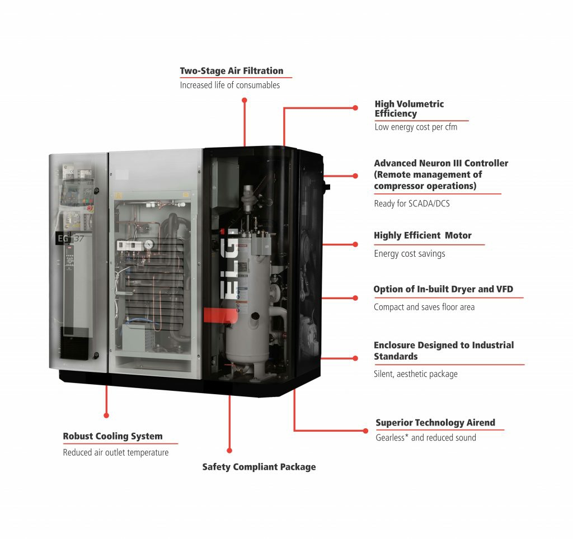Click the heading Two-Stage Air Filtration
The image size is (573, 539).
coord(231,71)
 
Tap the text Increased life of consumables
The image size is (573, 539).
coord(229,86)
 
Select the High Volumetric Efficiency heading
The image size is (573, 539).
coord(409,108)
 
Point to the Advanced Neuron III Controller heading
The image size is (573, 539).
coord(441,174)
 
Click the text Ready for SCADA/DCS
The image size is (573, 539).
coord(412,204)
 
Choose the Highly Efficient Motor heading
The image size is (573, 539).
coord(422,235)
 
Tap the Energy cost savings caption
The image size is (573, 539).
coord(410,254)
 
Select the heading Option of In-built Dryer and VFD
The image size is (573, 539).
coord(443,289)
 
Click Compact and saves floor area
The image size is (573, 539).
coord(424,307)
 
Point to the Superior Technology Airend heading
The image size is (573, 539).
coord(435,423)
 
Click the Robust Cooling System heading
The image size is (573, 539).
coord(112,436)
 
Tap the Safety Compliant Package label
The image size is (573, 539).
coord(259,467)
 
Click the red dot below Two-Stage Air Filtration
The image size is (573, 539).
coord(244,100)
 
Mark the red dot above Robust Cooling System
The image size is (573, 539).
coord(106,415)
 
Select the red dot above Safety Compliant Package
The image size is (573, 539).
coord(229,450)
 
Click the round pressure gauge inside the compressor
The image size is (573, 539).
coord(149,244)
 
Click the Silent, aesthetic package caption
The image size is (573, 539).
coord(416,374)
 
